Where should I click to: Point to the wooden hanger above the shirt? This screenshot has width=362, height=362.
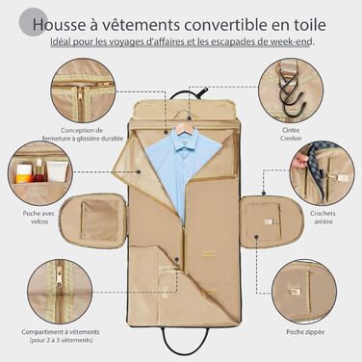pyautogui.click(x=184, y=126)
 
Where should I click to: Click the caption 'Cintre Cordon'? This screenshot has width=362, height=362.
pyautogui.click(x=291, y=134)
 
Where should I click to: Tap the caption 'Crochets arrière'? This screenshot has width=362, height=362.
pyautogui.click(x=323, y=218)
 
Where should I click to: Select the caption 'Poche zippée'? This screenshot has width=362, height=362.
pyautogui.click(x=305, y=332)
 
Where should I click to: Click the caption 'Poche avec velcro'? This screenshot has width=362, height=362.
pyautogui.click(x=39, y=218)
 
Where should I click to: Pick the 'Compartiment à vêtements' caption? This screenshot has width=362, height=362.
pyautogui.click(x=61, y=332)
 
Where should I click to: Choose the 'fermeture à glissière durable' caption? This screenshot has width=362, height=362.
pyautogui.click(x=83, y=139)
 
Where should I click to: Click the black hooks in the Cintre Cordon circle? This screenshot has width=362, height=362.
pyautogui.click(x=291, y=91)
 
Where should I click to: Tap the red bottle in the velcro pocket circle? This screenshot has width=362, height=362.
pyautogui.click(x=39, y=170)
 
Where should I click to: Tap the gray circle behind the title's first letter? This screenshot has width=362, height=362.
pyautogui.click(x=33, y=22)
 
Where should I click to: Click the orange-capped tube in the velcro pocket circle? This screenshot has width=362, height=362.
pyautogui.click(x=24, y=173)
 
